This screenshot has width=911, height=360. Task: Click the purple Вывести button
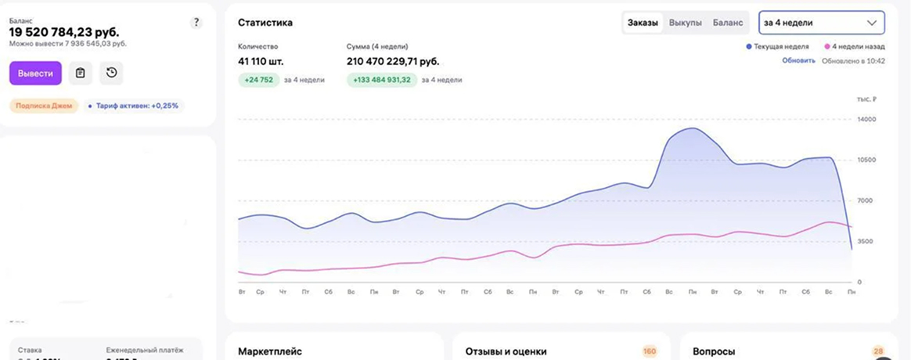[x=35, y=74]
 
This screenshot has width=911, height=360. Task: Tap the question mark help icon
[x=196, y=23]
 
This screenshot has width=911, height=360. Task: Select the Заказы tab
[x=643, y=23]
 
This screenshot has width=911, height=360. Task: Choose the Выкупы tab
[x=686, y=23]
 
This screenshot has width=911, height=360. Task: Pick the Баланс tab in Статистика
[x=728, y=23]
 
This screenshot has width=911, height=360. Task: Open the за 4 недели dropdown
[x=822, y=23]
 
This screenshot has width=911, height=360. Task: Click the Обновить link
[x=798, y=60]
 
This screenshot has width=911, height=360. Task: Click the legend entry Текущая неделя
[x=780, y=47]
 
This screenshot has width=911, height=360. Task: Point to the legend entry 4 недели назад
[x=856, y=47]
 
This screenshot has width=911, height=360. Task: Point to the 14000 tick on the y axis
[x=866, y=120]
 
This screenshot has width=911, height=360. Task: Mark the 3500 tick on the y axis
[x=864, y=242]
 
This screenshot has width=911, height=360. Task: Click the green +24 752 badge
[x=258, y=80]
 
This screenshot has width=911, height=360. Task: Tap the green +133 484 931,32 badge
[x=381, y=80]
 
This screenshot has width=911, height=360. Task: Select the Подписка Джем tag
[x=44, y=106]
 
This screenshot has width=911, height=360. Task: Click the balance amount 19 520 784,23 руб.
[x=64, y=32]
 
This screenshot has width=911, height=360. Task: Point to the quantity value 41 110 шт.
[x=261, y=61]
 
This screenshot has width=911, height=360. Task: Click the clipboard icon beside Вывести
[x=81, y=74]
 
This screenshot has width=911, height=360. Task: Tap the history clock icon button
[x=111, y=74]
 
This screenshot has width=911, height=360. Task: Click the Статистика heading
[x=265, y=23]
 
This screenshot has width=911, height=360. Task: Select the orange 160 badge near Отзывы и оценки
[x=650, y=352]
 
